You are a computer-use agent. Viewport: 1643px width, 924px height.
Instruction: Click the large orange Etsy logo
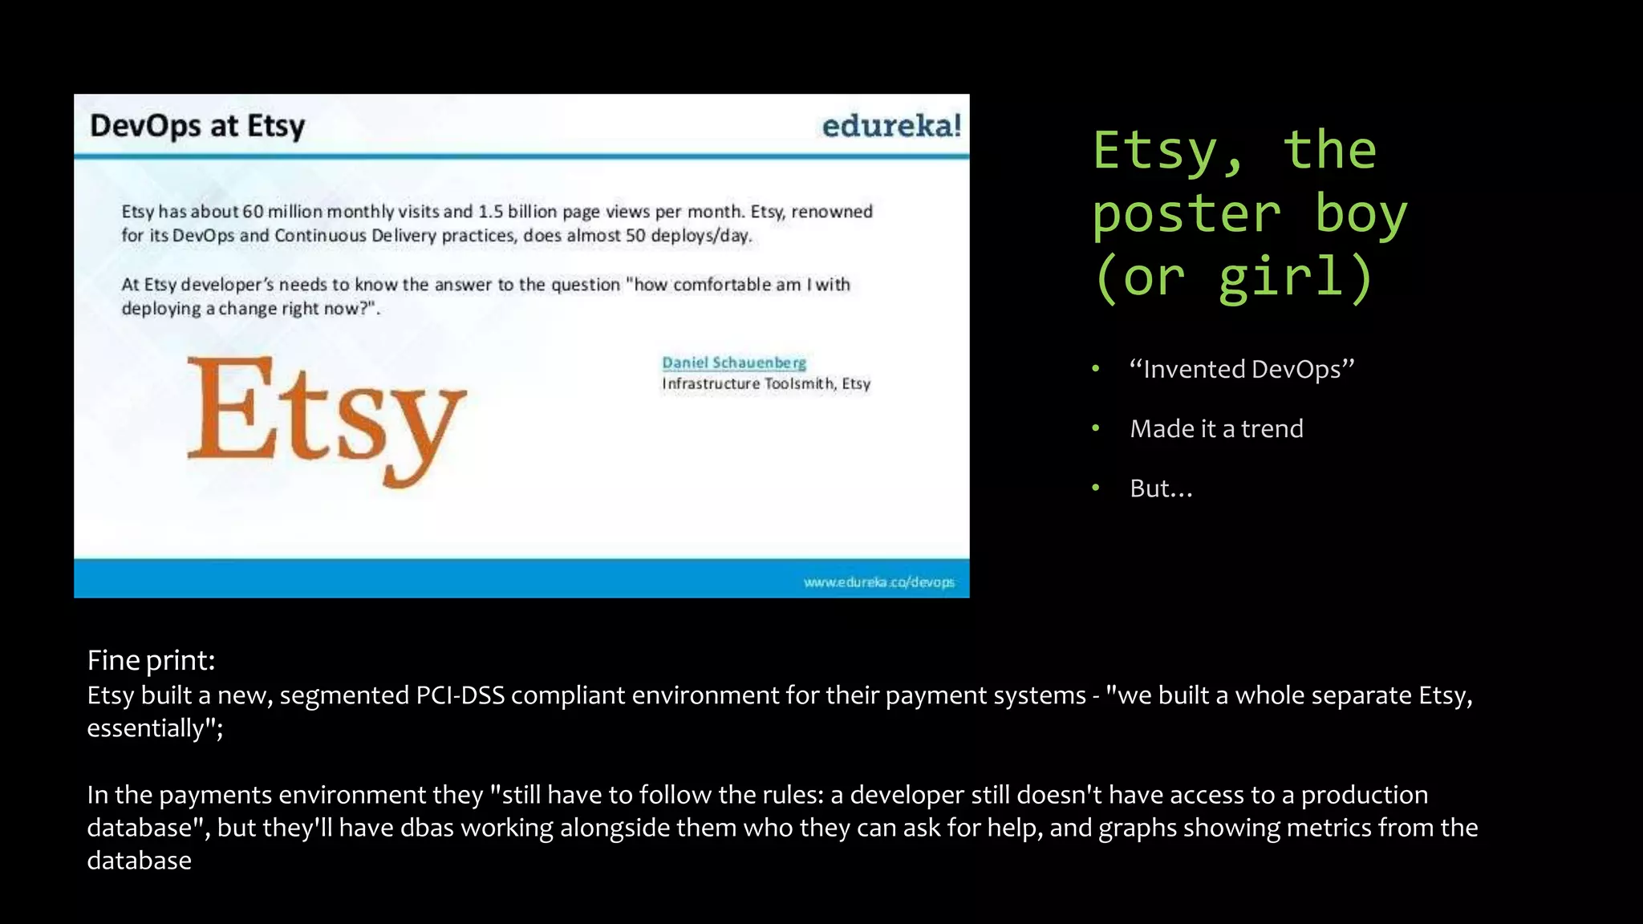pyautogui.click(x=326, y=417)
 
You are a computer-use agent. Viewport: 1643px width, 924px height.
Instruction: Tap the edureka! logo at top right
pyautogui.click(x=891, y=126)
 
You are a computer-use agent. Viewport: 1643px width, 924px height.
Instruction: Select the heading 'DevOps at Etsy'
pyautogui.click(x=197, y=126)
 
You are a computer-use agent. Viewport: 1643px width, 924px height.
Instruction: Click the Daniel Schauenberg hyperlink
pyautogui.click(x=733, y=363)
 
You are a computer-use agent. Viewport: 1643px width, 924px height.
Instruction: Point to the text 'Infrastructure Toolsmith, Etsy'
pyautogui.click(x=765, y=383)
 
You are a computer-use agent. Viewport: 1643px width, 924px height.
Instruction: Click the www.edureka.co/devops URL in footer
pyautogui.click(x=878, y=582)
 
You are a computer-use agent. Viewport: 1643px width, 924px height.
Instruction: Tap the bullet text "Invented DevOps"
pyautogui.click(x=1241, y=369)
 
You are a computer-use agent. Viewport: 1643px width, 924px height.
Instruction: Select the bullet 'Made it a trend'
pyautogui.click(x=1216, y=428)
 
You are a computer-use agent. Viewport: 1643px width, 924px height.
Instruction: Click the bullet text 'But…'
pyautogui.click(x=1161, y=488)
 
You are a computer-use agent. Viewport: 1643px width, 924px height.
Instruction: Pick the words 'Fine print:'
pyautogui.click(x=151, y=660)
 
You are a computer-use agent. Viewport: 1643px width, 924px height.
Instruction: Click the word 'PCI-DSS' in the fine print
pyautogui.click(x=460, y=695)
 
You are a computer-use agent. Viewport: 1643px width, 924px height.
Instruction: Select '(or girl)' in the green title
pyautogui.click(x=1234, y=278)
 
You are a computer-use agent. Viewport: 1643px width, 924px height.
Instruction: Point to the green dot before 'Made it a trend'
pyautogui.click(x=1096, y=428)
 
